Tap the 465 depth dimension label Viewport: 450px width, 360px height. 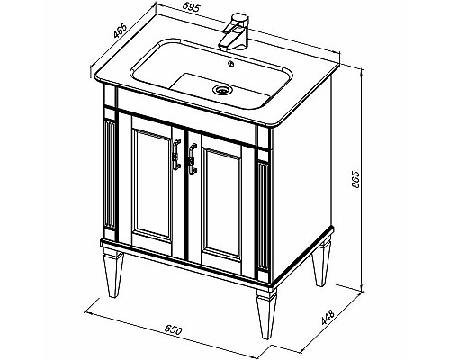(121, 31)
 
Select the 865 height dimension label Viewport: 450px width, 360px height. (355, 179)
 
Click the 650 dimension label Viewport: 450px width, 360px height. (173, 330)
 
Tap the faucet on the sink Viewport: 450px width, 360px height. (234, 31)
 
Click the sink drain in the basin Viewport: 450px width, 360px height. (221, 89)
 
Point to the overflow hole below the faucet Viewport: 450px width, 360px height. (231, 63)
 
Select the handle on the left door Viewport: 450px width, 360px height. (176, 154)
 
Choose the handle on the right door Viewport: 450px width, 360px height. (193, 158)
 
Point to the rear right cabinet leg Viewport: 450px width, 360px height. (320, 260)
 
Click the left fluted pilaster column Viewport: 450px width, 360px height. (110, 175)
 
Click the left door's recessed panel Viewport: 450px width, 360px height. (152, 184)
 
